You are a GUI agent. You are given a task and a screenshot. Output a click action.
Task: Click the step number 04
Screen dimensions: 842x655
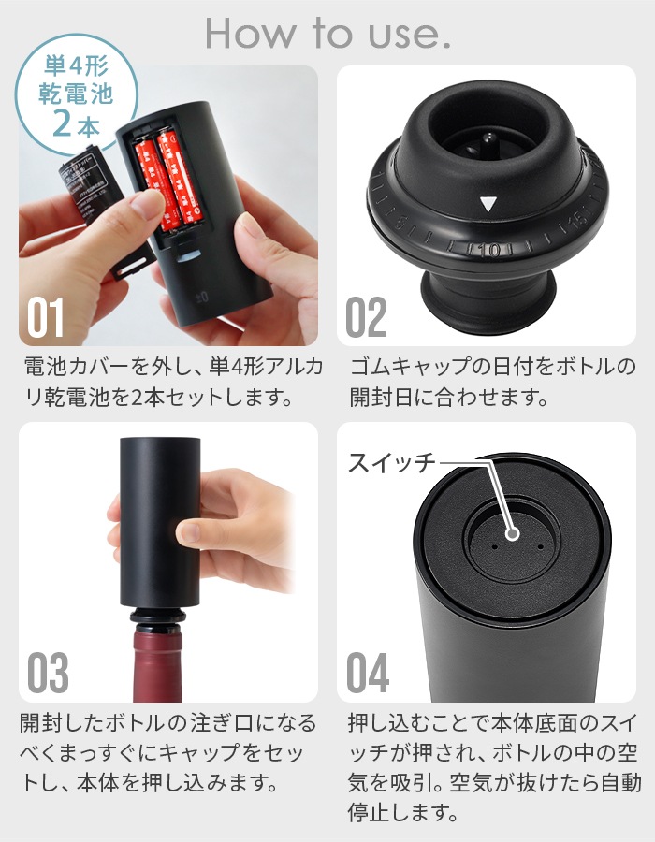[x=369, y=674]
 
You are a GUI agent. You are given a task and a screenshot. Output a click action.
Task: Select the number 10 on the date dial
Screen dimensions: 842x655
[x=488, y=250]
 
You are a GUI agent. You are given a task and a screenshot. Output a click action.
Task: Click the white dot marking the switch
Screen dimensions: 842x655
[x=513, y=533]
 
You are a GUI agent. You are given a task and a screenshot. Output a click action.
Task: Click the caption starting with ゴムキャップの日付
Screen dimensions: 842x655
[x=486, y=382]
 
